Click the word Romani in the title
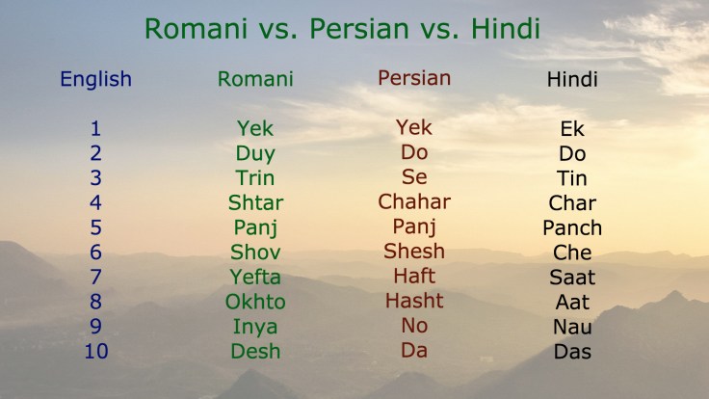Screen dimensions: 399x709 point(191,28)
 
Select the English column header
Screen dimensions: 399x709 point(95,79)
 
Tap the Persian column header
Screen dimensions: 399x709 point(414,78)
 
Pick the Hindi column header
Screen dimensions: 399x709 point(572,79)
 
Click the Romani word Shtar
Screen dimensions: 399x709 point(255,202)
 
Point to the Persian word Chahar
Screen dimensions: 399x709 point(414,201)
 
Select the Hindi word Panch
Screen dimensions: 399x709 point(572,228)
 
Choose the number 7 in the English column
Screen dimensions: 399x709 point(95,277)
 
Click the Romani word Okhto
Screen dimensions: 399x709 point(255,302)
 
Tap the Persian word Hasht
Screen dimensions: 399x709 point(414,301)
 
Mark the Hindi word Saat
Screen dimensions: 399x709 point(572,278)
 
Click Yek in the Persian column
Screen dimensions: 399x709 point(414,127)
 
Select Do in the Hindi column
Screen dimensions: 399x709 point(572,154)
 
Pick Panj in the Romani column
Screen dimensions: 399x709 point(255,228)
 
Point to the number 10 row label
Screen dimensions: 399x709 point(95,351)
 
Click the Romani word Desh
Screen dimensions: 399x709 point(255,351)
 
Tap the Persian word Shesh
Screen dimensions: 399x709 point(414,252)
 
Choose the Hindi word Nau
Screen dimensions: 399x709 point(572,327)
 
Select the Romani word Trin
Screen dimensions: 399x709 point(255,178)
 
